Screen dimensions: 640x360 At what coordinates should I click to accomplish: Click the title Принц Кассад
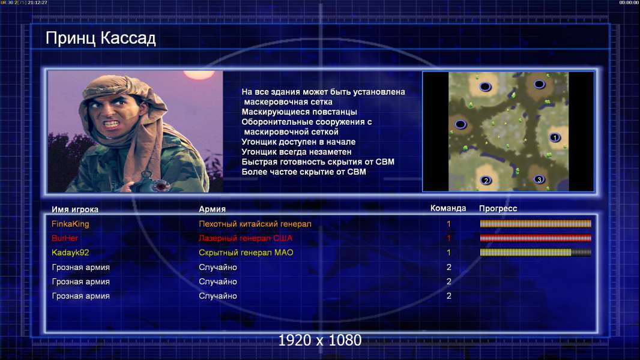(100, 38)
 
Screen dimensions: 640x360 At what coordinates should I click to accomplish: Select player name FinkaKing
(70, 224)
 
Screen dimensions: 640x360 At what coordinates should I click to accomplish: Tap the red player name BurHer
(64, 238)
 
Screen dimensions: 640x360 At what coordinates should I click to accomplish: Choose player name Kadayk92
(70, 253)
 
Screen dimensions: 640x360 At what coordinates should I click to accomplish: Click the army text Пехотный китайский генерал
(255, 224)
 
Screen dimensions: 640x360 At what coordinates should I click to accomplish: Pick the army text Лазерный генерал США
(246, 238)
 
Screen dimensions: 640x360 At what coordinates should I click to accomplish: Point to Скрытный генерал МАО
(246, 253)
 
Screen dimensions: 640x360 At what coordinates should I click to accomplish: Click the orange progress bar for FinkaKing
(536, 223)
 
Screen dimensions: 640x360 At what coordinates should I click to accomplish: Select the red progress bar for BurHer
(536, 238)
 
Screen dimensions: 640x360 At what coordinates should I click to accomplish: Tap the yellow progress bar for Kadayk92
(536, 253)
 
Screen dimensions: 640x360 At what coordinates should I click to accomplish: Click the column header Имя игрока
(74, 209)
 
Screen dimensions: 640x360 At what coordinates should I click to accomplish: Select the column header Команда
(448, 208)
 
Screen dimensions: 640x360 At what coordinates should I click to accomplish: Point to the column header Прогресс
(498, 209)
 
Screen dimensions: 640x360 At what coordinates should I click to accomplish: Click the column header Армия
(213, 209)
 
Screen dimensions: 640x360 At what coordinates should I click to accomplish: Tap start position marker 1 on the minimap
(554, 137)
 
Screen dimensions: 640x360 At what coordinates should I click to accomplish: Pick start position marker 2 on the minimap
(486, 180)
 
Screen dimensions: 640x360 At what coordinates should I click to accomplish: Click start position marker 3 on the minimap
(539, 179)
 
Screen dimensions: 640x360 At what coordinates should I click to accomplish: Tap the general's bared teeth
(112, 123)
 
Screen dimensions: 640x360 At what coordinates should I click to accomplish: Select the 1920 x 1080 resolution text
(319, 340)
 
